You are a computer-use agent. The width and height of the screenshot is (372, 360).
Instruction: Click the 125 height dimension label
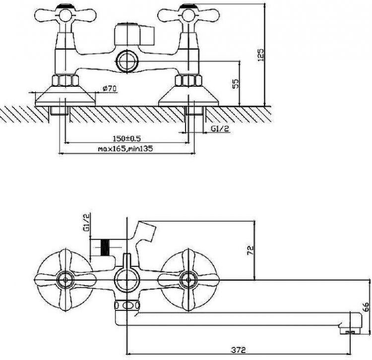[x=260, y=55]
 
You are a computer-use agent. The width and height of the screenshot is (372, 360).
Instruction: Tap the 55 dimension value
[x=236, y=84]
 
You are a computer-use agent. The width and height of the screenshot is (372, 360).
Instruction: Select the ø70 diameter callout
[x=110, y=88]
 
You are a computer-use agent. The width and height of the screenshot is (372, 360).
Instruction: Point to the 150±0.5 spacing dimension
[x=126, y=138]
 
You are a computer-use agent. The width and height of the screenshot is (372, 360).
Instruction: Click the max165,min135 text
[x=125, y=149]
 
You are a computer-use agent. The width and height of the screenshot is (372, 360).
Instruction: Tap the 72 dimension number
[x=250, y=250]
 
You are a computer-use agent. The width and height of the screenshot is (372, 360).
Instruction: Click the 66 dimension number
[x=367, y=306]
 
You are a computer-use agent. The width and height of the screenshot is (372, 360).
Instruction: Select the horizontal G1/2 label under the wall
[x=220, y=128]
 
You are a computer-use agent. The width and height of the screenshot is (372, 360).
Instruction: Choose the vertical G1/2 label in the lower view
[x=86, y=222]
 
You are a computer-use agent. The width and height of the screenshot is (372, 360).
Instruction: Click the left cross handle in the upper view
[x=65, y=16]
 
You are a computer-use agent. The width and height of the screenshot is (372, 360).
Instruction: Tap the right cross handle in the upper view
[x=188, y=16]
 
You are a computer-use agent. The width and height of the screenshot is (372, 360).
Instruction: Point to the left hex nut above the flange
[x=65, y=80]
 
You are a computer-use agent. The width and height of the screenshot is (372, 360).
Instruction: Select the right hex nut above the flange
[x=188, y=80]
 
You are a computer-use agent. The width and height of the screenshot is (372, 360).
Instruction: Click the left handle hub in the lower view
[x=65, y=280]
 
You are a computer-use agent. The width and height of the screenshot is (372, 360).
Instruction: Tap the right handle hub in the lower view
[x=188, y=280]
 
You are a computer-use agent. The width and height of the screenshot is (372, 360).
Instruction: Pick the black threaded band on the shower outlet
[x=105, y=247]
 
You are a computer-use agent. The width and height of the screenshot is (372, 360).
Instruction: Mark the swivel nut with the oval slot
[x=127, y=305]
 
